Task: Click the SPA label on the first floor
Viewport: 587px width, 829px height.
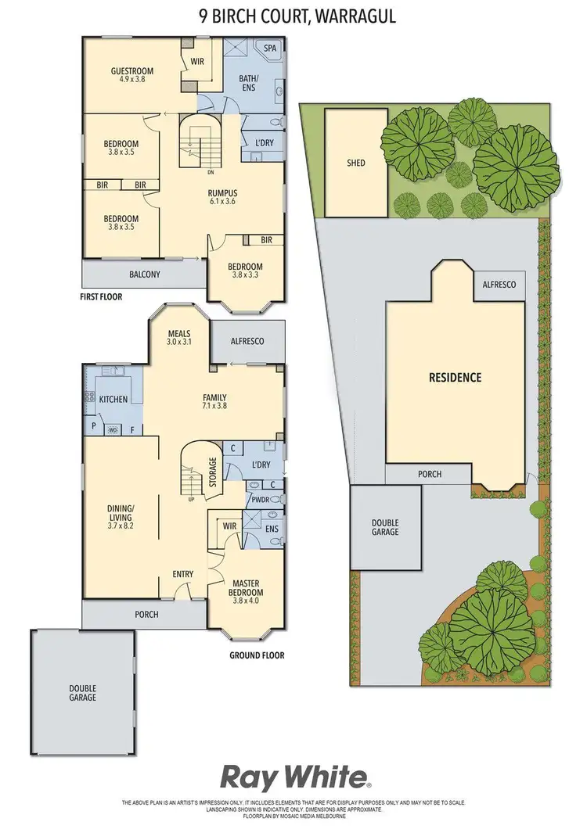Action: pyautogui.click(x=271, y=48)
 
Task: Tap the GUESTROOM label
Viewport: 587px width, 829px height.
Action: pyautogui.click(x=131, y=71)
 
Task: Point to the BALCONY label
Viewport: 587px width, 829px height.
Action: pyautogui.click(x=144, y=275)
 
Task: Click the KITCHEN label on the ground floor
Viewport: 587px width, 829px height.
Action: pyautogui.click(x=113, y=400)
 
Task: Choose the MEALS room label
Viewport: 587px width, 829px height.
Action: pyautogui.click(x=179, y=332)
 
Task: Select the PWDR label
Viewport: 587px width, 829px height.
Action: pyautogui.click(x=260, y=498)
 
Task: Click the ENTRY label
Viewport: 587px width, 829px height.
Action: pyautogui.click(x=182, y=575)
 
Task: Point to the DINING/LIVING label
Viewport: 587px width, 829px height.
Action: pyautogui.click(x=121, y=513)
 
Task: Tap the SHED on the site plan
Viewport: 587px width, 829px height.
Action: pyautogui.click(x=356, y=163)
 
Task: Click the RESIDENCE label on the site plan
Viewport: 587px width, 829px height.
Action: pyautogui.click(x=454, y=377)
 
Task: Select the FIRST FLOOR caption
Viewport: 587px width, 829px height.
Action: pyautogui.click(x=102, y=297)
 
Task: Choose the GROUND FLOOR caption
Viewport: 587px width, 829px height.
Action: pyautogui.click(x=257, y=655)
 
